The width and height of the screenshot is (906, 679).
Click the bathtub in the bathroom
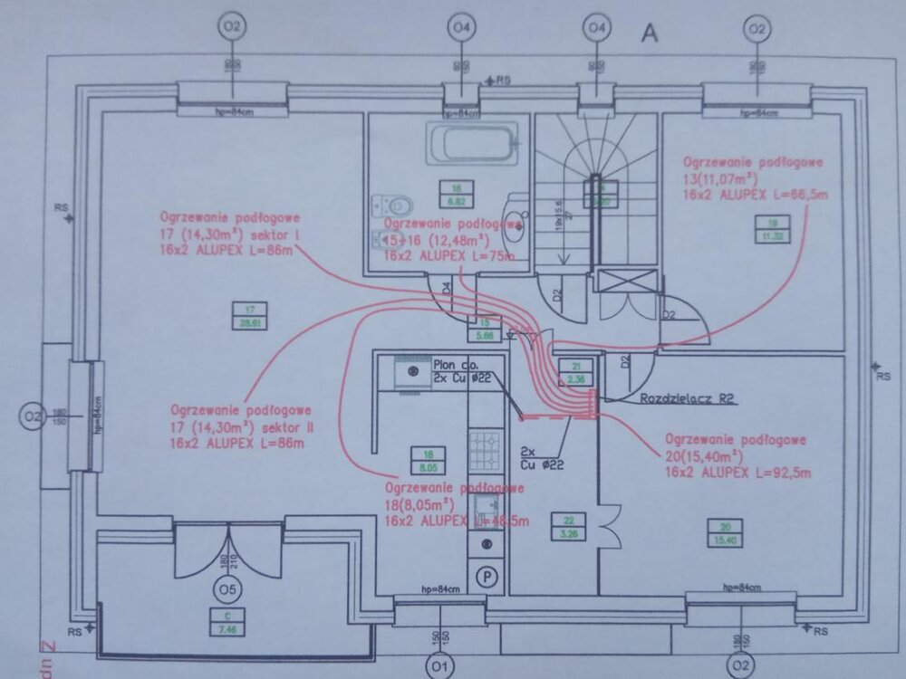click(475, 143)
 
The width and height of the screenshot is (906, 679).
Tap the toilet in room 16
click(395, 206)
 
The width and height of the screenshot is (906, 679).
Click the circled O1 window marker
click(442, 666)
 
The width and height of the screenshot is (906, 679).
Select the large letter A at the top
click(649, 33)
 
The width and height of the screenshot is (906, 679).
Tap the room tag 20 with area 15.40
click(725, 532)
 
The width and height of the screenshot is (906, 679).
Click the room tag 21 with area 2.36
click(575, 372)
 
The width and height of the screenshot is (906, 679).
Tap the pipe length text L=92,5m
click(779, 472)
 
